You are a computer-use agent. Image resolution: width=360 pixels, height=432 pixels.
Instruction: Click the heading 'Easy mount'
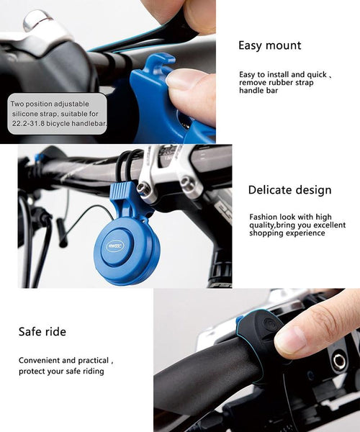coord(270,46)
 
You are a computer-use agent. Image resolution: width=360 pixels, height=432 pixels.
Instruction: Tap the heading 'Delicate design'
coord(289,190)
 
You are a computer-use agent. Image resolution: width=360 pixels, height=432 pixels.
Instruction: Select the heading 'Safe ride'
coord(42,332)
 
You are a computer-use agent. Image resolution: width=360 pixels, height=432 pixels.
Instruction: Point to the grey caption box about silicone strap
coord(58,114)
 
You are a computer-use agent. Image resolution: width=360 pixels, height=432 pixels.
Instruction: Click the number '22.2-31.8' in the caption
coord(30,124)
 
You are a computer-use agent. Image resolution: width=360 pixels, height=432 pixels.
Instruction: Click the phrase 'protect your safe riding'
coord(61,371)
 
